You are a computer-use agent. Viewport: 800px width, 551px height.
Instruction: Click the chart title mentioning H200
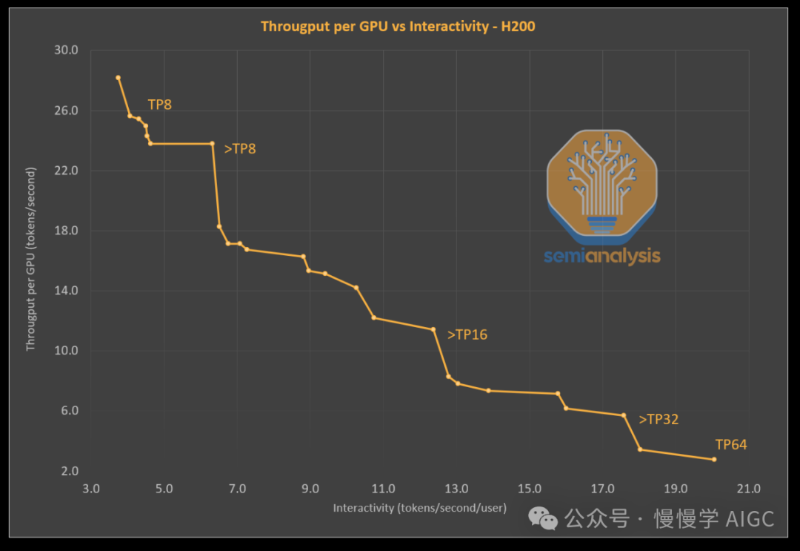click(x=398, y=27)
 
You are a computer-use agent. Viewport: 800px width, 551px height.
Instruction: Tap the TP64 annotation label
click(x=730, y=445)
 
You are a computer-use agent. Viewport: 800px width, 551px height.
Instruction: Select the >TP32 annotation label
click(x=659, y=420)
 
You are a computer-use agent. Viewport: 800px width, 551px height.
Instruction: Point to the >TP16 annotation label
click(x=467, y=334)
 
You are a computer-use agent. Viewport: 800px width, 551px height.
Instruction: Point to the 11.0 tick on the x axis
click(x=383, y=489)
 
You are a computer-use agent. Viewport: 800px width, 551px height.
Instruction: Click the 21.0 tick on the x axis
click(x=748, y=489)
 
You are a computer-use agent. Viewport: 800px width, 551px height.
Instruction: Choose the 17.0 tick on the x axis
click(x=602, y=489)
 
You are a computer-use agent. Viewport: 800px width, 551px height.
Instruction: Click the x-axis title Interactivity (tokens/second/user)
click(x=419, y=508)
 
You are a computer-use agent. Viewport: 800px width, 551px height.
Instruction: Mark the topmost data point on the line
click(x=118, y=77)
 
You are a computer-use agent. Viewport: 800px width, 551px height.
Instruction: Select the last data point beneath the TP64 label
click(x=714, y=460)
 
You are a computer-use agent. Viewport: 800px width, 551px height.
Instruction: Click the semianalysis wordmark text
click(x=601, y=257)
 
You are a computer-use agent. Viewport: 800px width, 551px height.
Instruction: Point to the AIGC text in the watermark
click(x=750, y=518)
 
